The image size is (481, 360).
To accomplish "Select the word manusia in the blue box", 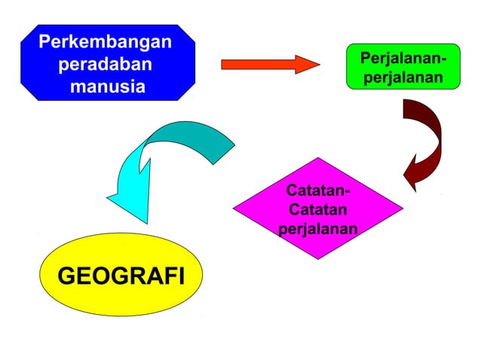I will click(x=108, y=86).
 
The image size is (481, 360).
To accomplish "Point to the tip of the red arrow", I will click(x=318, y=65).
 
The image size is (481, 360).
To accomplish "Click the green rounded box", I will click(x=403, y=66).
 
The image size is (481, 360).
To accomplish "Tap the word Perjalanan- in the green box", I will click(x=403, y=58).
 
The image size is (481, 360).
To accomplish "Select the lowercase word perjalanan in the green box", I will click(x=403, y=78).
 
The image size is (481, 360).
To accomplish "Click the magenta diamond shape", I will click(x=317, y=208).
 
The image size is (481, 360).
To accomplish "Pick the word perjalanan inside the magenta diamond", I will click(x=317, y=227).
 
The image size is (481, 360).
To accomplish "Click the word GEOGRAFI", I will click(x=121, y=276).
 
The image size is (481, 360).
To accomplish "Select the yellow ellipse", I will click(x=121, y=297).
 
